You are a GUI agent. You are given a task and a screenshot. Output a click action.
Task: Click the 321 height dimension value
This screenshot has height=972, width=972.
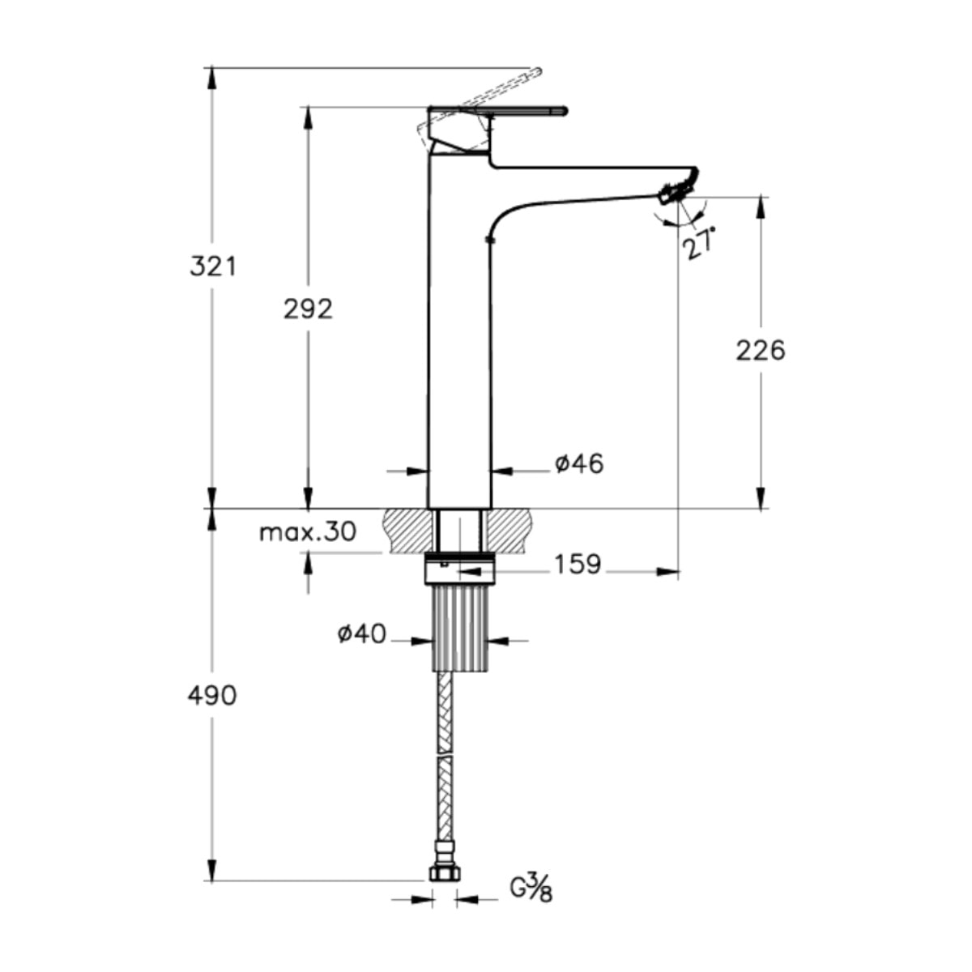pos(213,266)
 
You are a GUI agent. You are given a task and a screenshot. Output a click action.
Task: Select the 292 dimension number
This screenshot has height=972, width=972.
pos(308,309)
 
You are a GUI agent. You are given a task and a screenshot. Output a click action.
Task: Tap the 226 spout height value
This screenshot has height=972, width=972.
pos(761,351)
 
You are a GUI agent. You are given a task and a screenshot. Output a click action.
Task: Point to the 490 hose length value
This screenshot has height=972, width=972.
pos(212,695)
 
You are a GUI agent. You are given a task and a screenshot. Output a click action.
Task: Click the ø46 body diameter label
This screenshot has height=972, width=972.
pos(579,464)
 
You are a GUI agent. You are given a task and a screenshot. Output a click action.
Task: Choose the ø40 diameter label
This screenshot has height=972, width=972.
pos(361,633)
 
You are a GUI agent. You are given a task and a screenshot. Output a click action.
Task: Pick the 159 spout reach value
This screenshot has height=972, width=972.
pos(578,565)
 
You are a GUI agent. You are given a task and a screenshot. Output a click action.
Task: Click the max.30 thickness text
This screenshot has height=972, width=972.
pos(308,532)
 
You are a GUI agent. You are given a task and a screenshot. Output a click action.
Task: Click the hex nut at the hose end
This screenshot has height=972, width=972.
pos(444,872)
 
